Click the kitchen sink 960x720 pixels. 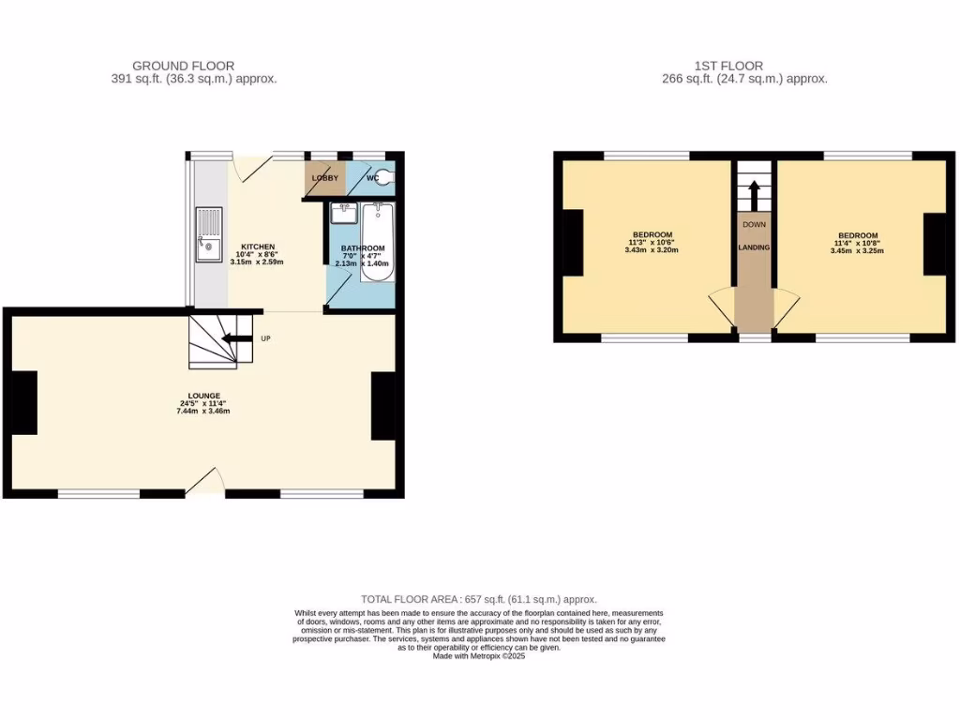[x=207, y=234]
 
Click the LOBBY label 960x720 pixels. [x=324, y=177]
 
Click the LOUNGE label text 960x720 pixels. [x=203, y=396]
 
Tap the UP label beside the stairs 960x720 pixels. [x=266, y=338]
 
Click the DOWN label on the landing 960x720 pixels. [x=754, y=225]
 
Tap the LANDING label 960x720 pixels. [x=754, y=247]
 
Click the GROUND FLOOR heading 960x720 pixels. [x=183, y=66]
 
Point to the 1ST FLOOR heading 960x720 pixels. [x=727, y=66]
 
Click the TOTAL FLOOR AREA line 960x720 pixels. [x=479, y=599]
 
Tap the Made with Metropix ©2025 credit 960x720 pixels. [x=479, y=656]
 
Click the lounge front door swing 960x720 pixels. [x=203, y=483]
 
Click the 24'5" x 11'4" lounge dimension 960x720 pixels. [x=203, y=403]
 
